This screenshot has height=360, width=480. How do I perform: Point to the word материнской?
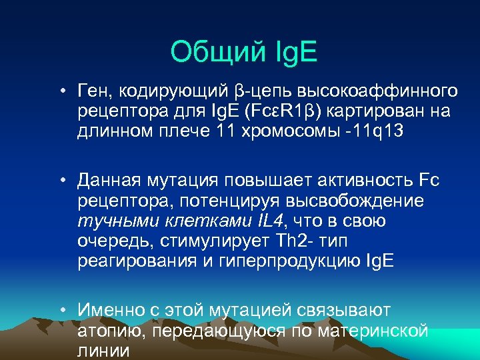pyautogui.click(x=372, y=331)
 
